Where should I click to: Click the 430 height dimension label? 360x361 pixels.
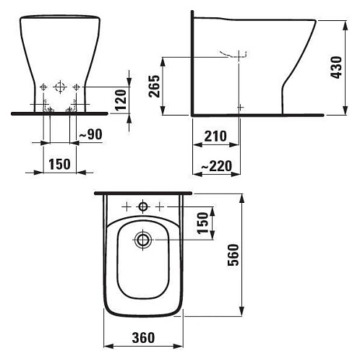pos(336,67)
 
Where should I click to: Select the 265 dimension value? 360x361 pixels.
pos(154,86)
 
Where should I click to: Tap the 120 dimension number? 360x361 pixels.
pos(121,100)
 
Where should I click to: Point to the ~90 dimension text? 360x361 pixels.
pos(91,134)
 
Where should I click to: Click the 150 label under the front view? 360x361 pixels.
pos(59,164)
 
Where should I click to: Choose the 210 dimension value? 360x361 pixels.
pos(215,136)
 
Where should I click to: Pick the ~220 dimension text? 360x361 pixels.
pos(217,166)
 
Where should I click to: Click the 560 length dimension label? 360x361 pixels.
pos(233,255)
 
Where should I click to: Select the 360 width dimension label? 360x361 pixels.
pos(143,338)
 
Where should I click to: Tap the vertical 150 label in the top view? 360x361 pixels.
pos(202,223)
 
